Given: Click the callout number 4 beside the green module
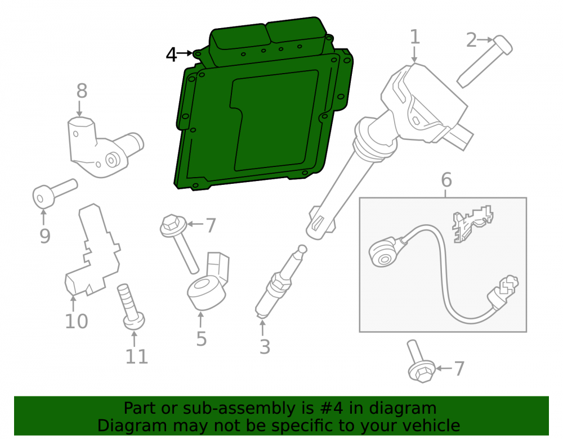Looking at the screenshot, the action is coord(171,55).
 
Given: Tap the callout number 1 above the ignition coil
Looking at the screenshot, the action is coord(415,37).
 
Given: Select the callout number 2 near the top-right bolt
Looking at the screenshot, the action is coord(471,40).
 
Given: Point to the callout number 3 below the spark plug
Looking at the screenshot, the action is coord(265,347).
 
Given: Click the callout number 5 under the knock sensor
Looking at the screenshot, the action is coord(202,338).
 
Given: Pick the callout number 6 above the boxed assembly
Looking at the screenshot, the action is coord(446,179).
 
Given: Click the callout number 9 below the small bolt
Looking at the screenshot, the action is coord(45,236).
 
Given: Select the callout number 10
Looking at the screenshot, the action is coord(76,321).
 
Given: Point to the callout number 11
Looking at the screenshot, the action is coord(136,356).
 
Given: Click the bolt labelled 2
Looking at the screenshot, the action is coord(485,62).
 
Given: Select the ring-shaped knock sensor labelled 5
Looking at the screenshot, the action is coord(208,281).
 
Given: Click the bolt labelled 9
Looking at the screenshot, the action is coord(55,193).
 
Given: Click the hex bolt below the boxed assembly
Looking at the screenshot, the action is coord(421,361).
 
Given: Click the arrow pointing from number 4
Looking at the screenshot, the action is coord(185,53).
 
